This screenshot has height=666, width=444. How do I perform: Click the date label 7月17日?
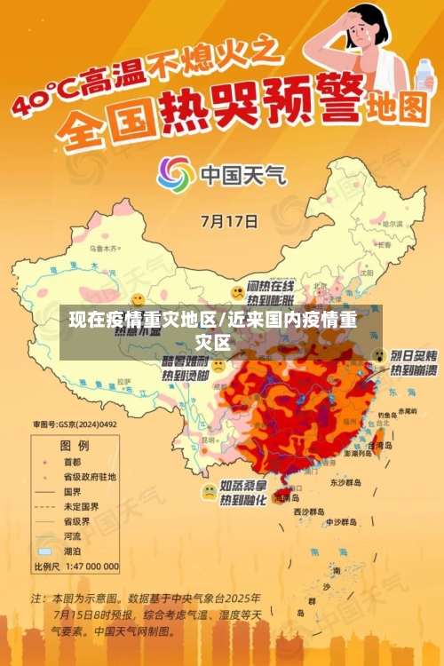pos(230,218)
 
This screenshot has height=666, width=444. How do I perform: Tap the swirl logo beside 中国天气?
pos(176,175)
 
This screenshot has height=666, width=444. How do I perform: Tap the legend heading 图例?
pos(74,444)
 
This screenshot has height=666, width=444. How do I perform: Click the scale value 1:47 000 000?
pos(90,566)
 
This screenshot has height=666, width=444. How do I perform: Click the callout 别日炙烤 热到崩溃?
pos(413,361)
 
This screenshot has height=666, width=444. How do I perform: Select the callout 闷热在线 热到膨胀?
pos(271,292)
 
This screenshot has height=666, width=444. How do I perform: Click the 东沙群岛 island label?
pos(347,483)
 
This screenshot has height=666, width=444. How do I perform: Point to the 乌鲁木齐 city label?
pos(105,250)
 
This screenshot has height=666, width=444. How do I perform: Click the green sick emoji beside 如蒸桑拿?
pos(209,490)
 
